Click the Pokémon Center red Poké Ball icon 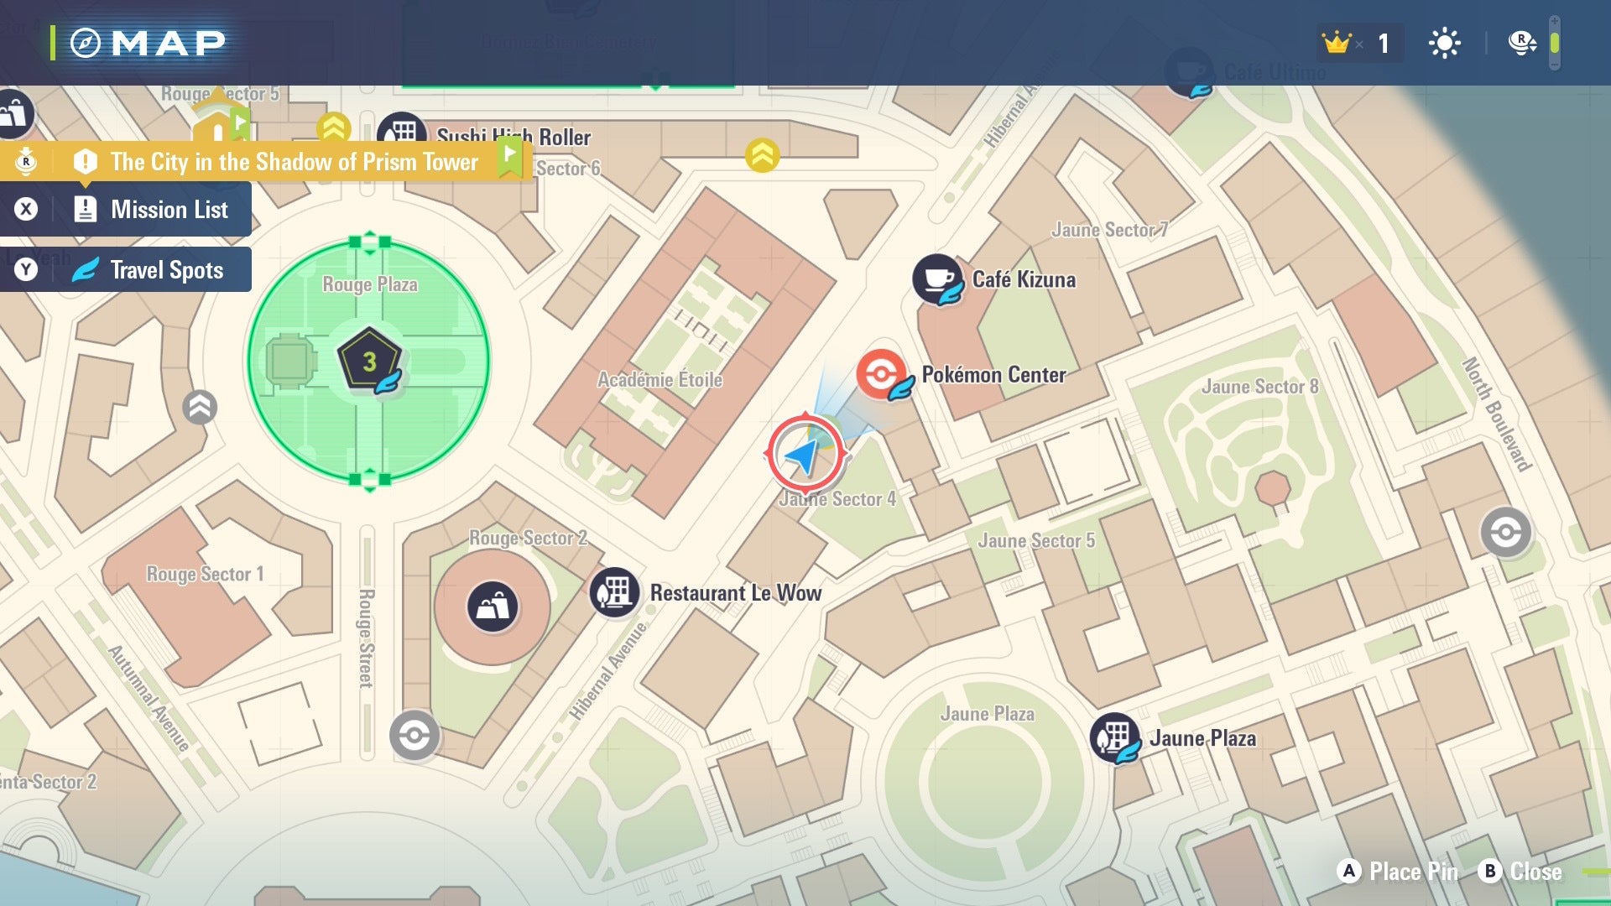pyautogui.click(x=880, y=373)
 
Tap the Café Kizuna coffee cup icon pyautogui.click(x=936, y=279)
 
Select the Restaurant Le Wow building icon pyautogui.click(x=614, y=591)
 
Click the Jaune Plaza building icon pyautogui.click(x=1113, y=737)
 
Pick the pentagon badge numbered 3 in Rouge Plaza pyautogui.click(x=368, y=361)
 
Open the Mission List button pyautogui.click(x=126, y=209)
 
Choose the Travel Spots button pyautogui.click(x=126, y=269)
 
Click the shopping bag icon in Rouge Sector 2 pyautogui.click(x=493, y=606)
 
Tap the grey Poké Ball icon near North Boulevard pyautogui.click(x=1505, y=532)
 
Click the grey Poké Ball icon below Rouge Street pyautogui.click(x=414, y=736)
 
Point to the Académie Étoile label pyautogui.click(x=660, y=380)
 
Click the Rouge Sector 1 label pyautogui.click(x=205, y=574)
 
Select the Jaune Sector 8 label pyautogui.click(x=1259, y=387)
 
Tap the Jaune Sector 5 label pyautogui.click(x=1036, y=541)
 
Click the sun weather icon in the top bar pyautogui.click(x=1444, y=43)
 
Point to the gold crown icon pyautogui.click(x=1336, y=42)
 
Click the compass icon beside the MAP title pyautogui.click(x=86, y=43)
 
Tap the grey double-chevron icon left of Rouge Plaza pyautogui.click(x=200, y=408)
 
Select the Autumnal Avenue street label pyautogui.click(x=149, y=698)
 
